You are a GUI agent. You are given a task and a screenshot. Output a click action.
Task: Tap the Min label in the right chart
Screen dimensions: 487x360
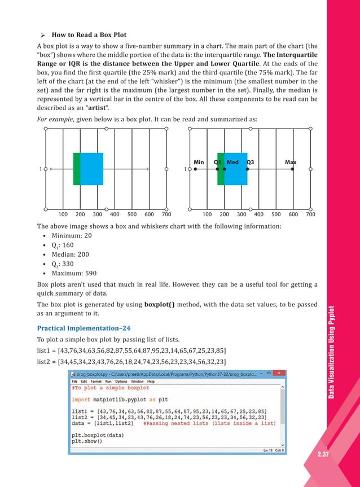point(199,163)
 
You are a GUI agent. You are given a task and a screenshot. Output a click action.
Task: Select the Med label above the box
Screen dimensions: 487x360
point(232,163)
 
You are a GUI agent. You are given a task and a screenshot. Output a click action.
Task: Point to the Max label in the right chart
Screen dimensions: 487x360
point(291,163)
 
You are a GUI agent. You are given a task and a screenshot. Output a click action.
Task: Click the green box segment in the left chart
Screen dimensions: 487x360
point(77,169)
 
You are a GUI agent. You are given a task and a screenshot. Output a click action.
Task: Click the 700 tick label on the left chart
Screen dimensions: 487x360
point(166,214)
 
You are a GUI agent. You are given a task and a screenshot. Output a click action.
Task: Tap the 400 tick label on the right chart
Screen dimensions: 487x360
point(258,214)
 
